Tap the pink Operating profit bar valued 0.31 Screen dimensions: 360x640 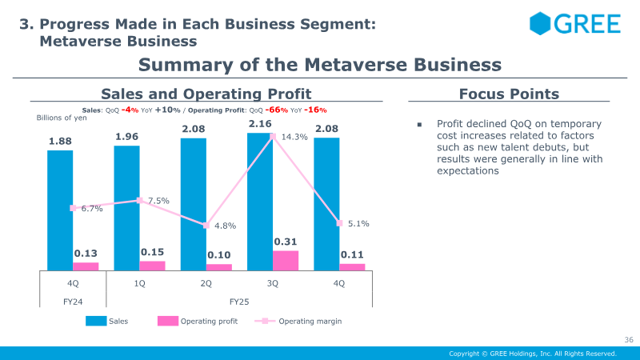286,261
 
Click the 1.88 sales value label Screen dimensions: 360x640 60,142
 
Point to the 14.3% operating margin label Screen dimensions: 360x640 294,137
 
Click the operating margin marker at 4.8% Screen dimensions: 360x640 206,226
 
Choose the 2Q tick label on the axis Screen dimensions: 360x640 206,283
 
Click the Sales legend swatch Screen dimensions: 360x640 96,322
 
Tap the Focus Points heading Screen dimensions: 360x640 509,94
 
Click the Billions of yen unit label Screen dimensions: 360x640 61,118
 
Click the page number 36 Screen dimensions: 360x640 628,340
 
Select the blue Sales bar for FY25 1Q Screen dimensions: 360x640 127,208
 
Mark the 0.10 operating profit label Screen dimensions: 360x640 218,254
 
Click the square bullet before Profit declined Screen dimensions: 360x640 418,125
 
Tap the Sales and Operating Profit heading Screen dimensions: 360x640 206,94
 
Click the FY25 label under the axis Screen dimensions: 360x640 239,302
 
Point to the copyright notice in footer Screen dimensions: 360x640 533,353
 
